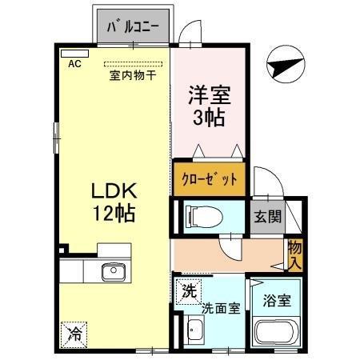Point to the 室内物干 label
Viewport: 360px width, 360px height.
132,76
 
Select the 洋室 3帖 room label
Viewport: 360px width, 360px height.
209,106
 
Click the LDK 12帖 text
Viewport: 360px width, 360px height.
114,202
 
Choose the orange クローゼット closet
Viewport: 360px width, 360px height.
209,178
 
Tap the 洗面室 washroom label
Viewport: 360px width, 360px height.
219,307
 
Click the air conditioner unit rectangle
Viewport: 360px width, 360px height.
70,53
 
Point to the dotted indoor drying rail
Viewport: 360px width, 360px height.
132,64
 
